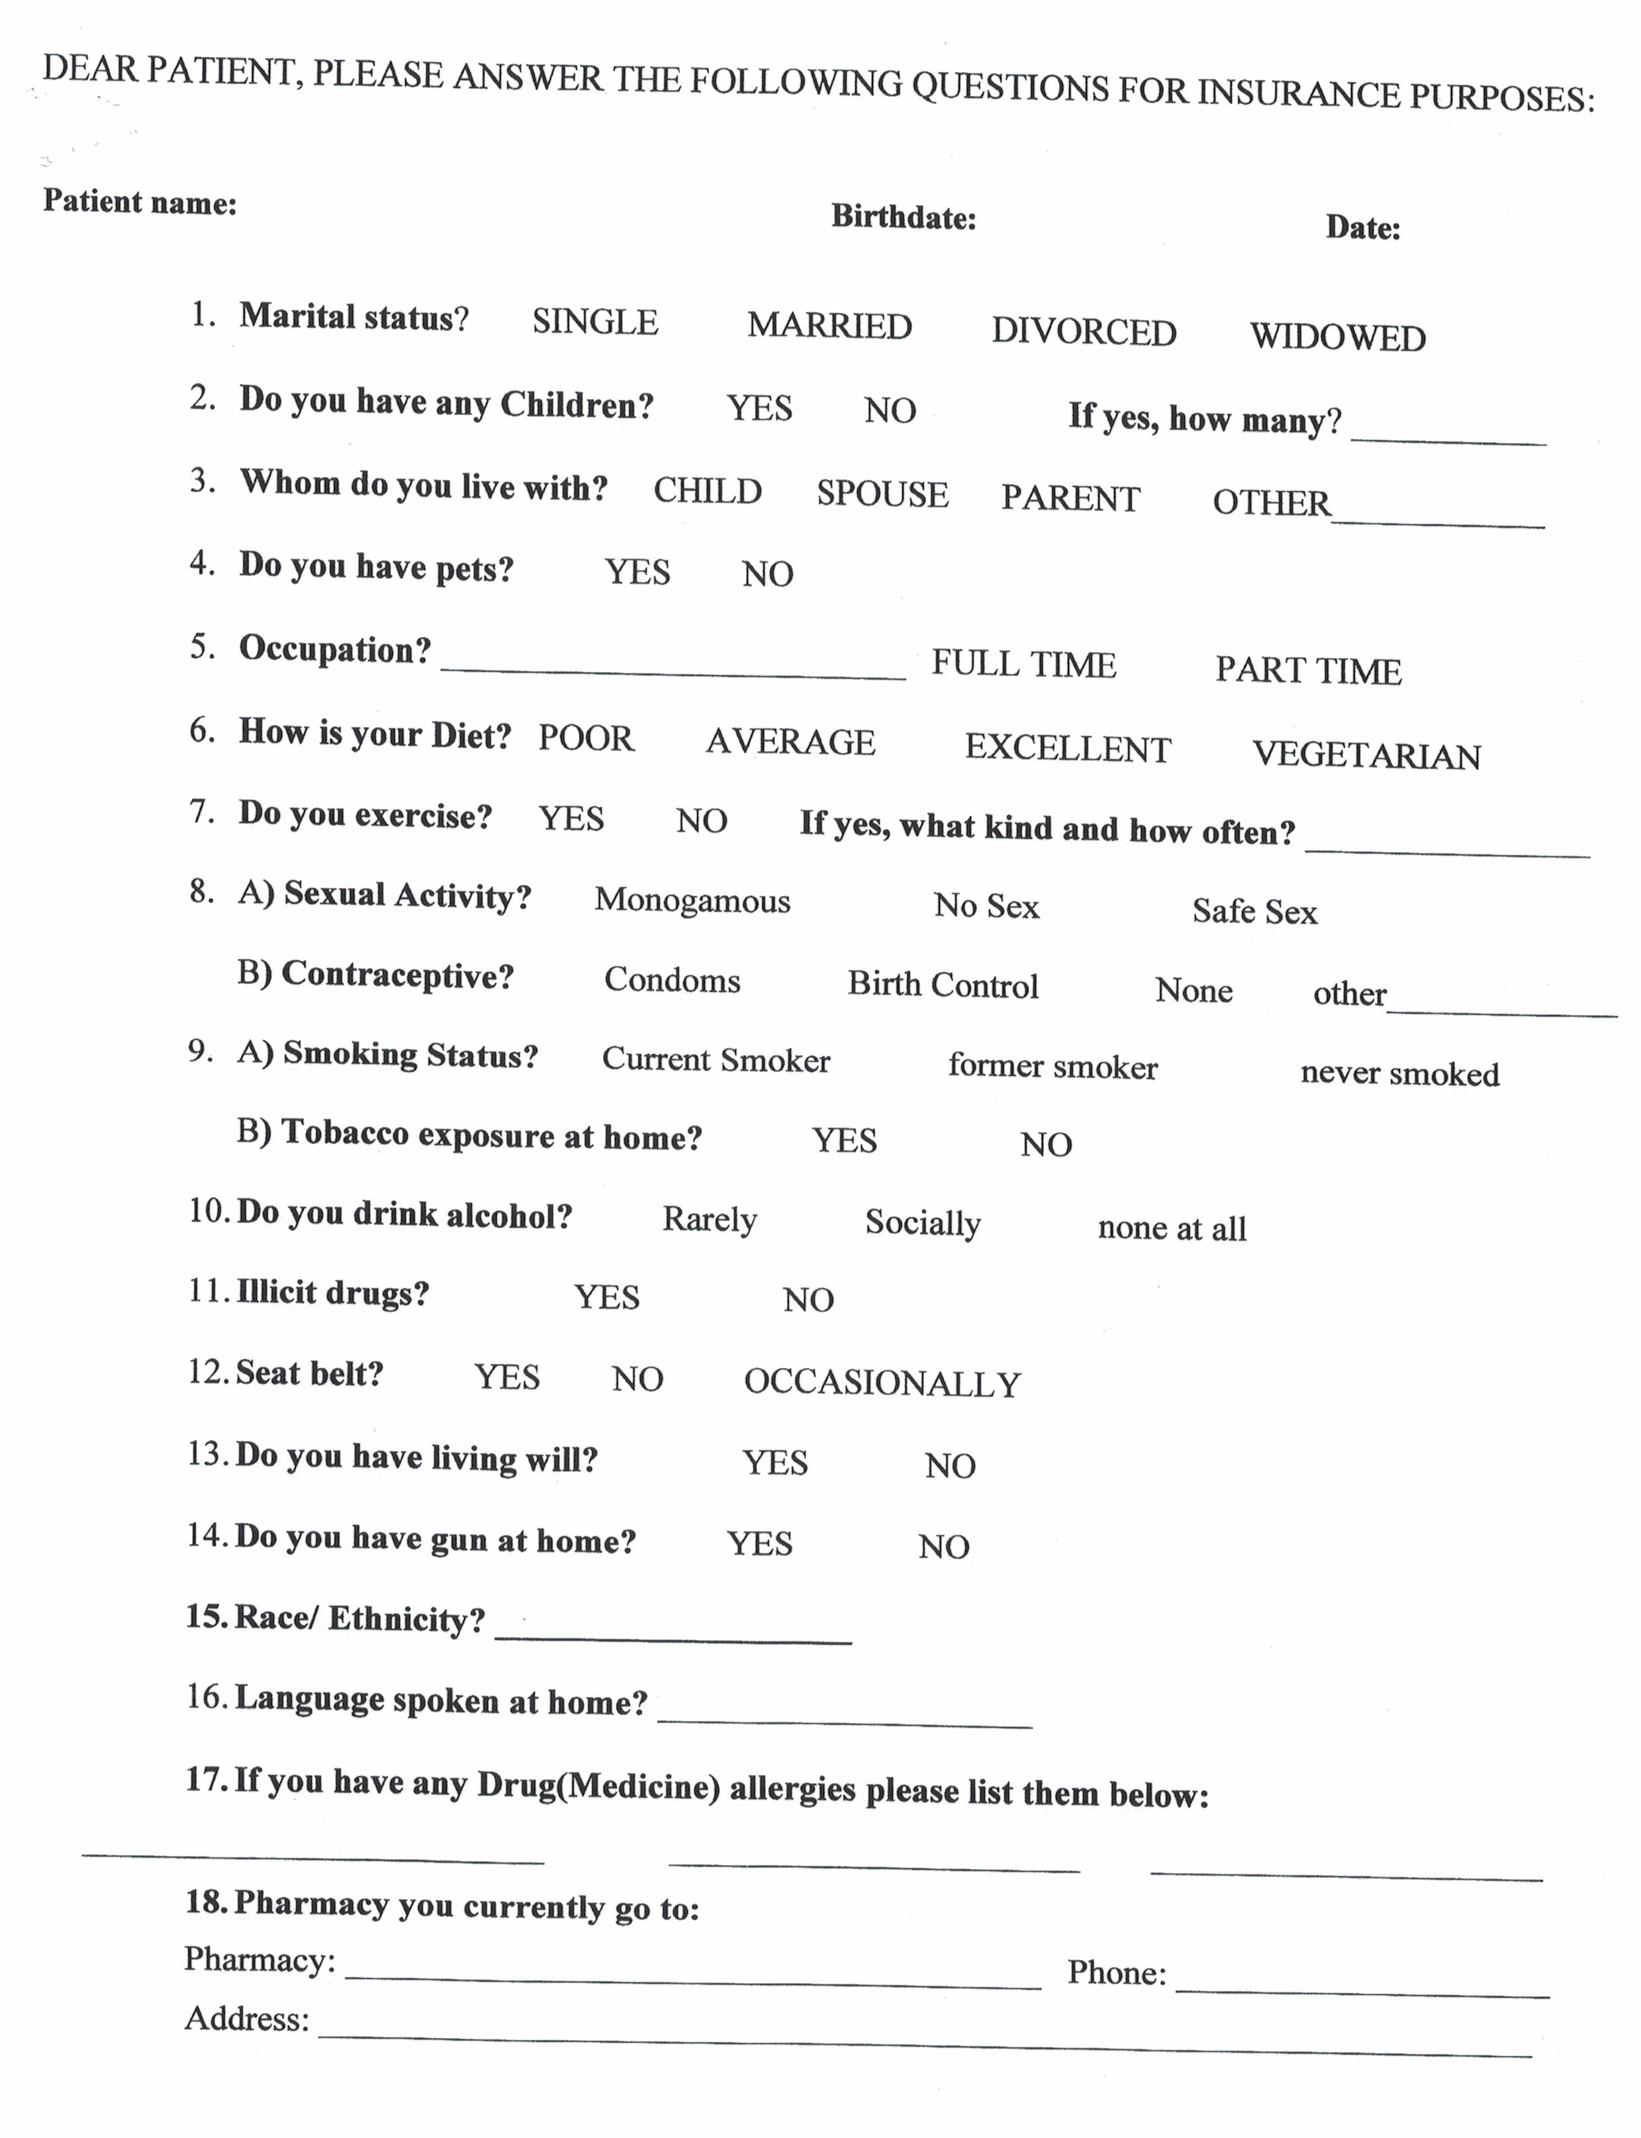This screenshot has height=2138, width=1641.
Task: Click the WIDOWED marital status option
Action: tap(1337, 337)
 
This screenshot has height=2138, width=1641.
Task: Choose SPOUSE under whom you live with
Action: tap(882, 495)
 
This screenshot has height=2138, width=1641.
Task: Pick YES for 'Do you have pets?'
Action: tap(637, 571)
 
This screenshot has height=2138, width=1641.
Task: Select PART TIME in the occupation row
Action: tap(1308, 670)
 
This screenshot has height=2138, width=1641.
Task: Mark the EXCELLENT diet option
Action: tap(1068, 748)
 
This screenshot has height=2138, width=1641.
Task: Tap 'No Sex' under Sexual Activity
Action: tap(986, 906)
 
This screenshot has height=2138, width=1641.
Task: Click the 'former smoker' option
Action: tap(1052, 1066)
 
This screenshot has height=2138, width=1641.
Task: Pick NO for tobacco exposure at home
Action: tap(1046, 1144)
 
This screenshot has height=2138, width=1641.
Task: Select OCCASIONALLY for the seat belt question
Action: tap(882, 1383)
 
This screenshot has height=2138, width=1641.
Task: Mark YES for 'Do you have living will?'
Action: tap(774, 1463)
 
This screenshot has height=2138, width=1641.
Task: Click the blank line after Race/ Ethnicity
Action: tap(673, 1633)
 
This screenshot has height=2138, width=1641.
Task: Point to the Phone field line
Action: tap(1362, 1984)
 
